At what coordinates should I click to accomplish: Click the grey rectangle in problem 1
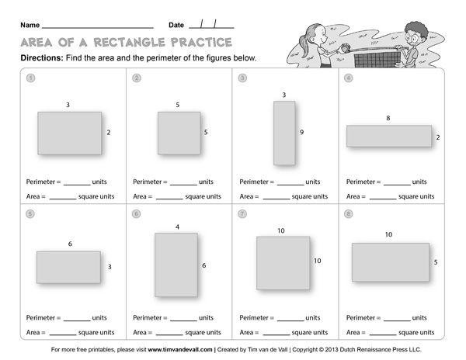[69, 133]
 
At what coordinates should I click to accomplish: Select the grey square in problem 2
[179, 133]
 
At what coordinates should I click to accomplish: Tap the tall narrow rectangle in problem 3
[283, 133]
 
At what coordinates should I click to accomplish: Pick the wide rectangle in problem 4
[388, 136]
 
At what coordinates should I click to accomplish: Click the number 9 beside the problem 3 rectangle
[301, 133]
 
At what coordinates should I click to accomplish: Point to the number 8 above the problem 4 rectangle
[388, 118]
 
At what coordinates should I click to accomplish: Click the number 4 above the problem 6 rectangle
[177, 227]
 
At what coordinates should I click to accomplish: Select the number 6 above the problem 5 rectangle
[70, 244]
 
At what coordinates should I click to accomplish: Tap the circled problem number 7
[242, 213]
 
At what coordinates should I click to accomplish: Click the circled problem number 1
[30, 78]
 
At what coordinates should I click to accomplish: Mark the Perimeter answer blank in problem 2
[183, 183]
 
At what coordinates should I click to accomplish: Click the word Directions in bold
[37, 58]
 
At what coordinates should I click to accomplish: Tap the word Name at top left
[30, 26]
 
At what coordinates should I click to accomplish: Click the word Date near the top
[176, 26]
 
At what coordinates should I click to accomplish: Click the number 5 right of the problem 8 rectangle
[436, 262]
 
